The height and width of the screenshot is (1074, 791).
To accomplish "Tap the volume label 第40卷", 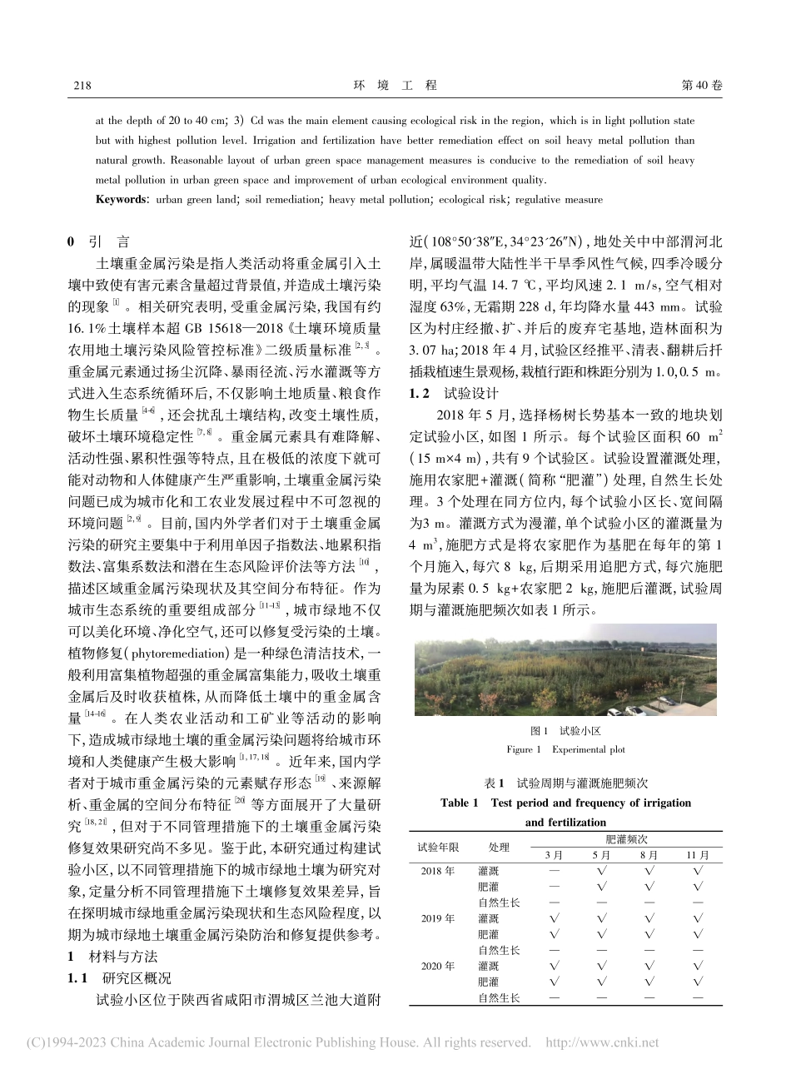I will (702, 86).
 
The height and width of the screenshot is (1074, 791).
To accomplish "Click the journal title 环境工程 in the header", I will (395, 86).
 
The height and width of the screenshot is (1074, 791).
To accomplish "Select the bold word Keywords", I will (121, 200).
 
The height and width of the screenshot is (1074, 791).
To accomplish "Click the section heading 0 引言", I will (98, 242).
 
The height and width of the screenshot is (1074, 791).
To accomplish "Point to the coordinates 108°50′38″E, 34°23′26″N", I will (503, 243).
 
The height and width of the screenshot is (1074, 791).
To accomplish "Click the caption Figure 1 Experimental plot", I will (565, 749).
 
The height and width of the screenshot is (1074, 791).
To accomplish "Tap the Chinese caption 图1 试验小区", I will (565, 731).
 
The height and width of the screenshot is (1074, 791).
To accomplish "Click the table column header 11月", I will (698, 855).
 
